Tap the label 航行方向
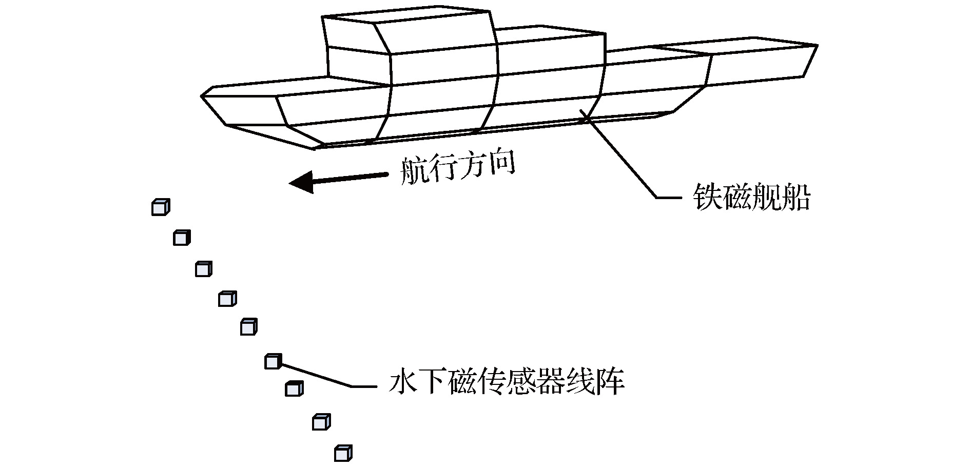point(457,169)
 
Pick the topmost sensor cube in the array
point(160,207)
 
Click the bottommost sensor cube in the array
point(343,454)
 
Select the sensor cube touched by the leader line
point(273,361)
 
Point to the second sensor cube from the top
point(182,238)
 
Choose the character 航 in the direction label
point(414,170)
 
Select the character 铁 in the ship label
point(707,197)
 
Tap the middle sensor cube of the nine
point(248,327)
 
